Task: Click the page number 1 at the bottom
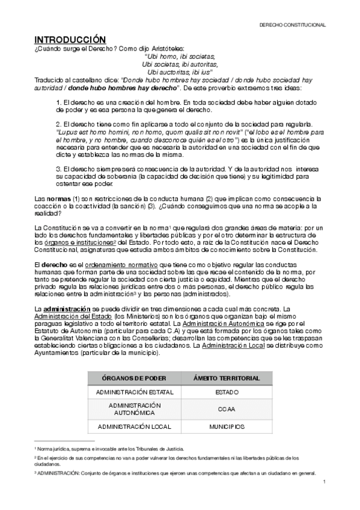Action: pos(324,482)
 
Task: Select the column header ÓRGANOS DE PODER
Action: pos(126,378)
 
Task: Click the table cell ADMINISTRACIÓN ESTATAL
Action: pos(126,392)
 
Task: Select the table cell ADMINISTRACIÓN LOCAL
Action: pos(126,426)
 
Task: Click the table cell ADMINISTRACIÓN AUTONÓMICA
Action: pos(126,409)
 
